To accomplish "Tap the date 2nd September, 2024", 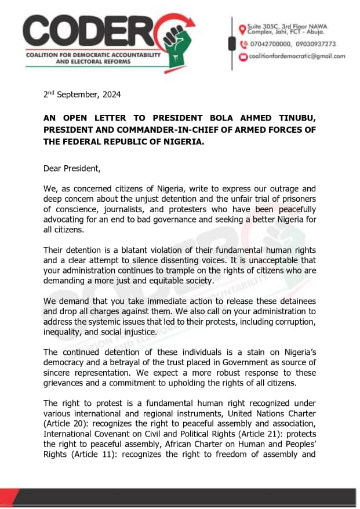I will (x=82, y=94).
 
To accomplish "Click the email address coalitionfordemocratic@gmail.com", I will (x=296, y=56).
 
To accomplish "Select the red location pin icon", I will (x=242, y=29).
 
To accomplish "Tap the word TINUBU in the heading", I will (x=292, y=118).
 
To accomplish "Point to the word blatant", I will (x=128, y=250).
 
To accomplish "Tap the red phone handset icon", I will (x=242, y=43).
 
